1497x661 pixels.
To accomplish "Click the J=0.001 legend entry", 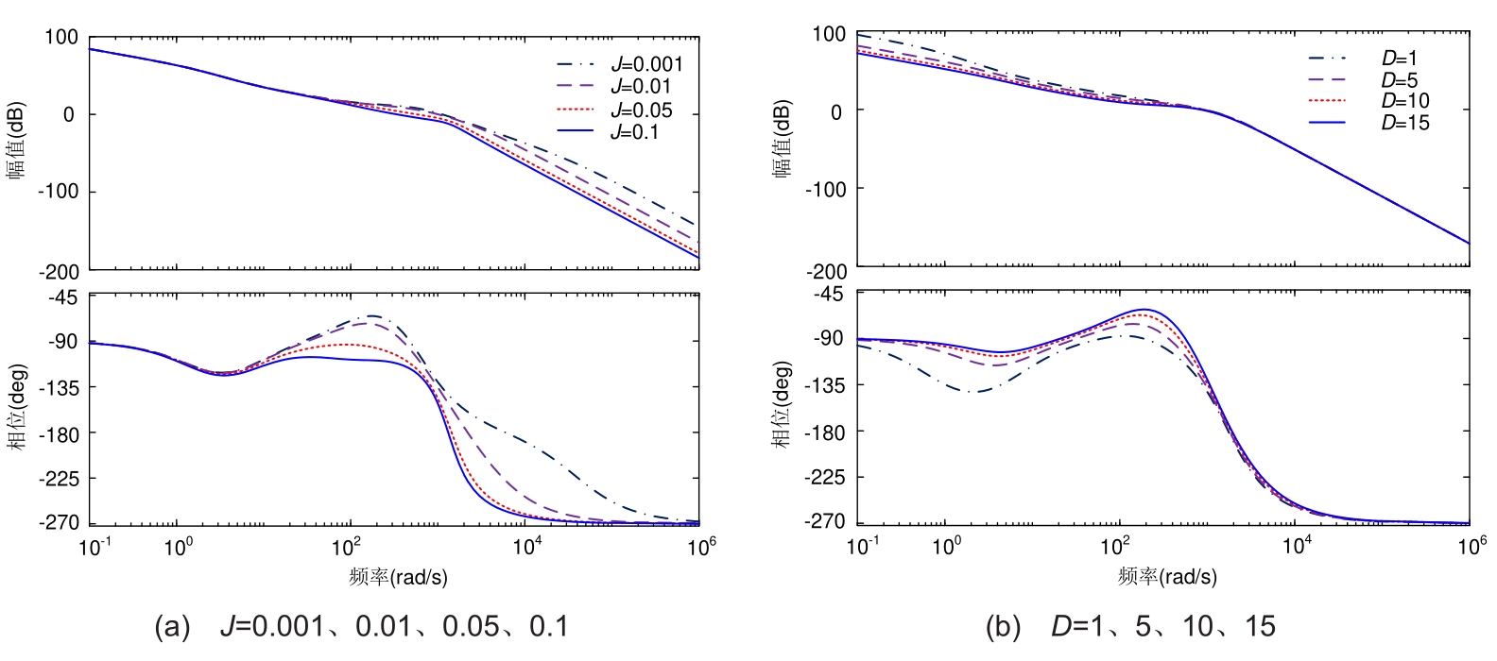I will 645,64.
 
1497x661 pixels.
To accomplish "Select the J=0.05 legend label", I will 641,110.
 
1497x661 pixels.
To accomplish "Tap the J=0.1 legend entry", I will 634,132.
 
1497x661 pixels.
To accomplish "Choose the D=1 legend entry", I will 1399,59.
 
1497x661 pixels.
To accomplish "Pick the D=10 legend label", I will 1404,101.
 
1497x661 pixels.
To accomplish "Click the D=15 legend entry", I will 1404,123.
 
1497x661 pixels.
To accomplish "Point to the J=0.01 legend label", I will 641,87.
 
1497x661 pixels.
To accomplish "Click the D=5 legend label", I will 1399,80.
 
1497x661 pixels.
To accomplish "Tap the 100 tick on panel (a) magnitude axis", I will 61,37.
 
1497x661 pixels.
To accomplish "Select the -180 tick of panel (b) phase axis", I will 823,432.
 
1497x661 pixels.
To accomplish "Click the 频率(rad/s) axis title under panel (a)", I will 398,576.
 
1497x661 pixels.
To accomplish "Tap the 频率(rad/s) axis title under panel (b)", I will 1167,576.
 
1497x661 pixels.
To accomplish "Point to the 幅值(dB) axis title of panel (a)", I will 17,142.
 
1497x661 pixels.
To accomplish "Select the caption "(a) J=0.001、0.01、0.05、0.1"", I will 362,627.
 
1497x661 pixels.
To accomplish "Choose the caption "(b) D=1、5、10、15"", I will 1130,627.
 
